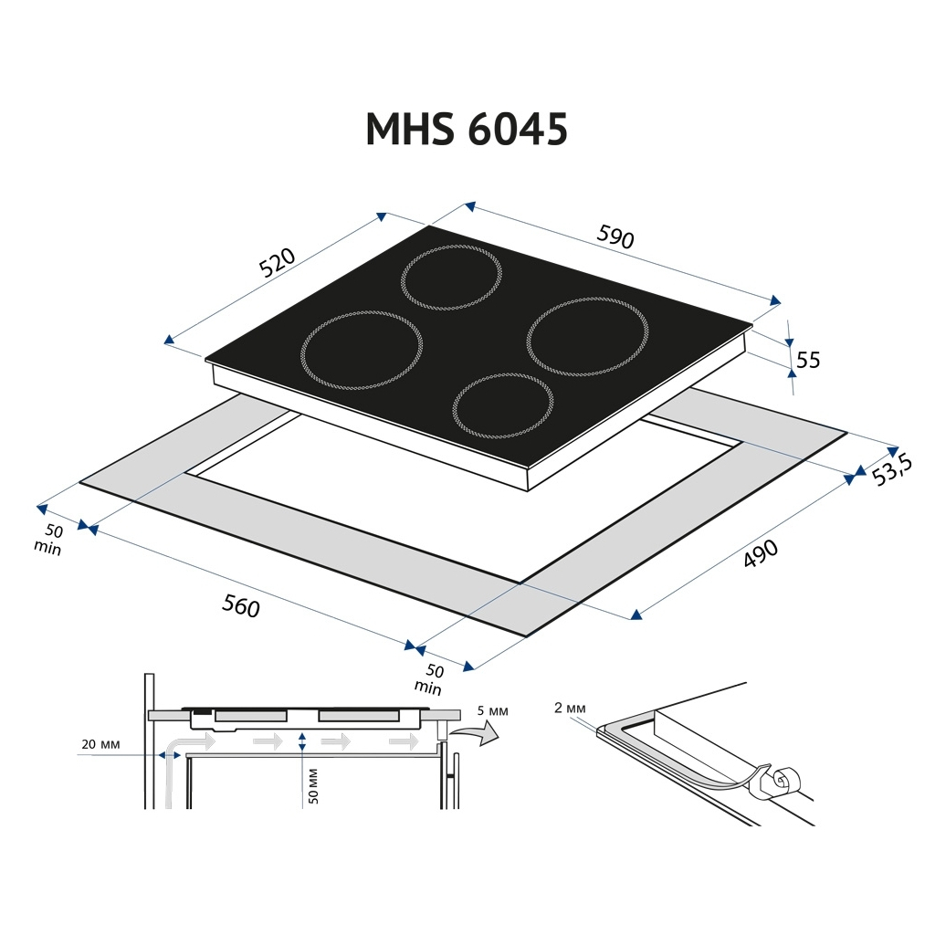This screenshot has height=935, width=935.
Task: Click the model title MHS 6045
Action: [x=467, y=130]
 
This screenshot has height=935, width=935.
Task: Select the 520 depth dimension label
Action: [x=278, y=263]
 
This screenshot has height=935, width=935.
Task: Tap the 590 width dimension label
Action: [x=615, y=237]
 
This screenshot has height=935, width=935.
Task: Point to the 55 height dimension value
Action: [x=808, y=361]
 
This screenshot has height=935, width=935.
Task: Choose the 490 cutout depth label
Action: [x=760, y=554]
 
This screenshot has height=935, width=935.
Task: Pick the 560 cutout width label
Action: [x=241, y=605]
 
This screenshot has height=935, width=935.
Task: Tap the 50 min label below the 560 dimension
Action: [x=430, y=679]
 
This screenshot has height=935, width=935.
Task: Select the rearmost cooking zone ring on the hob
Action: [x=452, y=278]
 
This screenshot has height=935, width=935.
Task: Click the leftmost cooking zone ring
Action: [x=362, y=350]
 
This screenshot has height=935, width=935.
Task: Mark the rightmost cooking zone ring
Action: [x=587, y=336]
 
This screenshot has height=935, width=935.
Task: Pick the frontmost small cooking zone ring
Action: [x=503, y=405]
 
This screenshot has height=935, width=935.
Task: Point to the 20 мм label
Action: [x=100, y=744]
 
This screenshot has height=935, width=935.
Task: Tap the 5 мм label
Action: [x=491, y=710]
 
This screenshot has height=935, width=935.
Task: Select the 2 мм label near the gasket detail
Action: [x=569, y=708]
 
